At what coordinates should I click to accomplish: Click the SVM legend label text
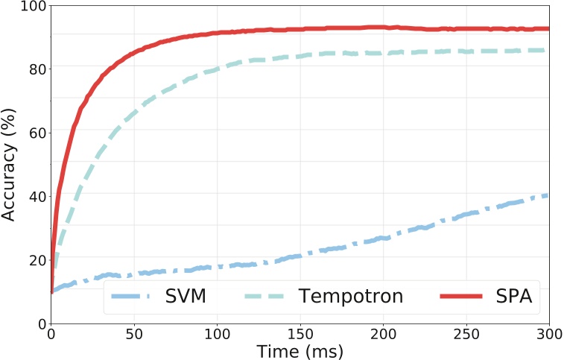pos(186,297)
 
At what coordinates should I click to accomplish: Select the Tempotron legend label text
pos(351,297)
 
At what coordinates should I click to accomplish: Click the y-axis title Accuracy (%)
pos(10,164)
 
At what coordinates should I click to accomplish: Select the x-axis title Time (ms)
pos(300,350)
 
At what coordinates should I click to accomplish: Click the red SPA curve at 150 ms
pos(300,30)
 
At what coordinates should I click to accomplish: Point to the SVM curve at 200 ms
pos(383,239)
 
